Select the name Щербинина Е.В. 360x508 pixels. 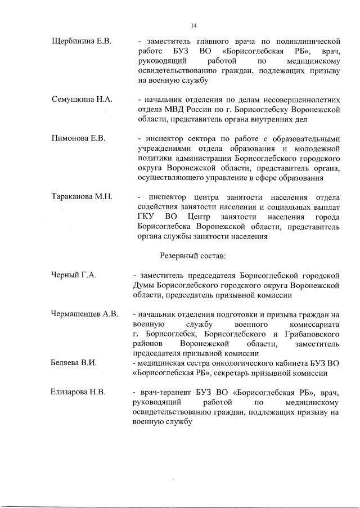tap(82, 41)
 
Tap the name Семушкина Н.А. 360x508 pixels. tap(82, 99)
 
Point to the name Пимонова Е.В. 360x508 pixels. tap(79, 138)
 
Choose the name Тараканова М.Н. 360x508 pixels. tap(82, 196)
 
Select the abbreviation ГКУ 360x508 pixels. tap(147, 217)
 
